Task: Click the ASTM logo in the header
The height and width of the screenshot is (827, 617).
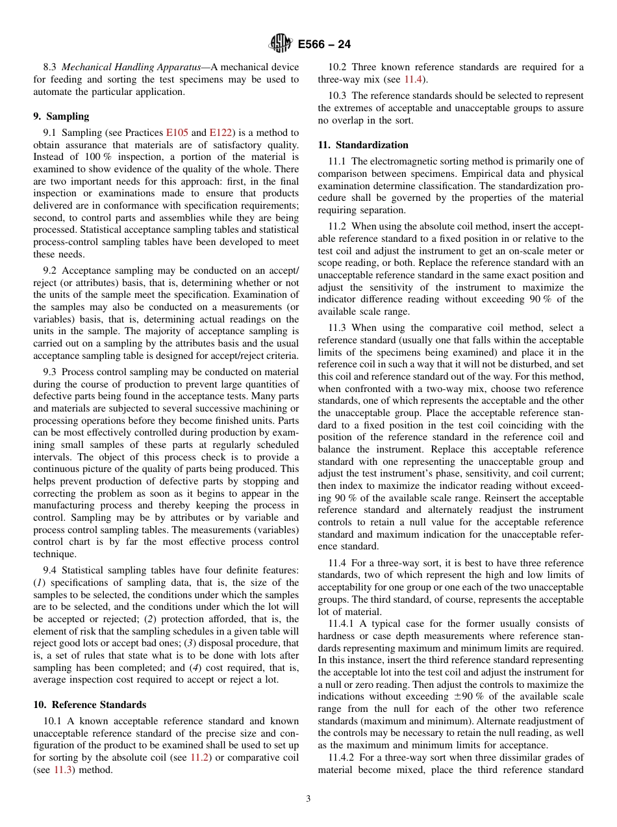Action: pyautogui.click(x=281, y=44)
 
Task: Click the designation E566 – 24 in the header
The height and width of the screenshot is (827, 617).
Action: pyautogui.click(x=325, y=45)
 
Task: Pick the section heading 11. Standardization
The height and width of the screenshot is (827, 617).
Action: pyautogui.click(x=363, y=145)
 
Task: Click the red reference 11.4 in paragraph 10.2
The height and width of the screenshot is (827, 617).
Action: pyautogui.click(x=413, y=79)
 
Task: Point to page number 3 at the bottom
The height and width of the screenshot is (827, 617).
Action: pyautogui.click(x=308, y=799)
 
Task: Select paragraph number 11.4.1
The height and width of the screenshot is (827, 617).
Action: pyautogui.click(x=340, y=624)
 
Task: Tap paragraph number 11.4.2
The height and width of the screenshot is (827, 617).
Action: pyautogui.click(x=340, y=757)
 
